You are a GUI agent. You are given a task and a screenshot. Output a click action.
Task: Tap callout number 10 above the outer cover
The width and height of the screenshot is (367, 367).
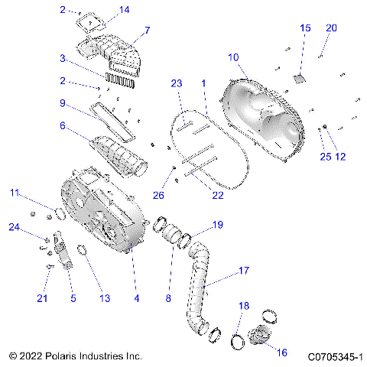233,57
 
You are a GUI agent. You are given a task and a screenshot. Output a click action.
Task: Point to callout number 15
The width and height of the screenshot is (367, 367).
305,28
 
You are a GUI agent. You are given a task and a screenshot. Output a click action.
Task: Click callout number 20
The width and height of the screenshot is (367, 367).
331,28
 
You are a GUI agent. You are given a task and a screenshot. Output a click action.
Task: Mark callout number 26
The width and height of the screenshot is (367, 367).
158,195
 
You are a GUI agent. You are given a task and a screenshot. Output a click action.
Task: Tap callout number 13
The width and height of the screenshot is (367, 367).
104,297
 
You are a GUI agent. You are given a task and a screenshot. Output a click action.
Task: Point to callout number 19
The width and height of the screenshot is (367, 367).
217,225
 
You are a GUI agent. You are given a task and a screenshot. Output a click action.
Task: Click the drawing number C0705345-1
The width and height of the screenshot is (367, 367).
335,356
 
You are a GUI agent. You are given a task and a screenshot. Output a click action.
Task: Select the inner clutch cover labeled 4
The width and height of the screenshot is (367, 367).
99,214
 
